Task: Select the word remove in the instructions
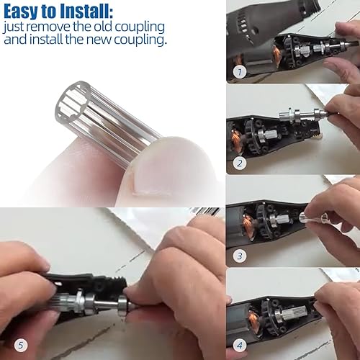tap(55, 27)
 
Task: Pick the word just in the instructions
tap(15, 27)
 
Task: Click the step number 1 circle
tap(240, 72)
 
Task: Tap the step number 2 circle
tap(240, 163)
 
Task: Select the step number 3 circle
tap(240, 255)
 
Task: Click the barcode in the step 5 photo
tap(205, 211)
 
